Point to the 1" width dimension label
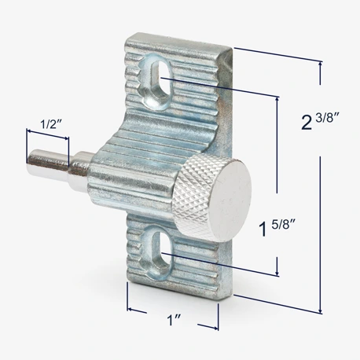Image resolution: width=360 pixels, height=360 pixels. (x=174, y=320)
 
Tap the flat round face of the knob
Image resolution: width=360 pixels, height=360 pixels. (x=230, y=200)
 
